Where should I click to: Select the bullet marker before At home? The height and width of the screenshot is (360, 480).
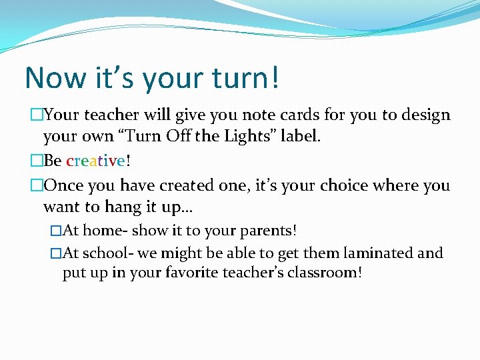[55, 231]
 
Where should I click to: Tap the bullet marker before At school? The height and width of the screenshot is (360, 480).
[55, 253]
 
